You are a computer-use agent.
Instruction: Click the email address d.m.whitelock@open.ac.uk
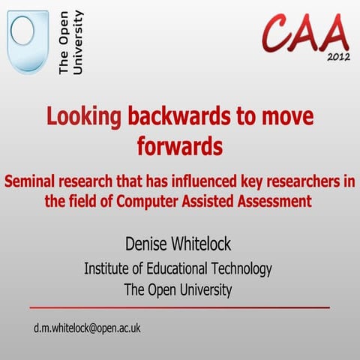(87, 328)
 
